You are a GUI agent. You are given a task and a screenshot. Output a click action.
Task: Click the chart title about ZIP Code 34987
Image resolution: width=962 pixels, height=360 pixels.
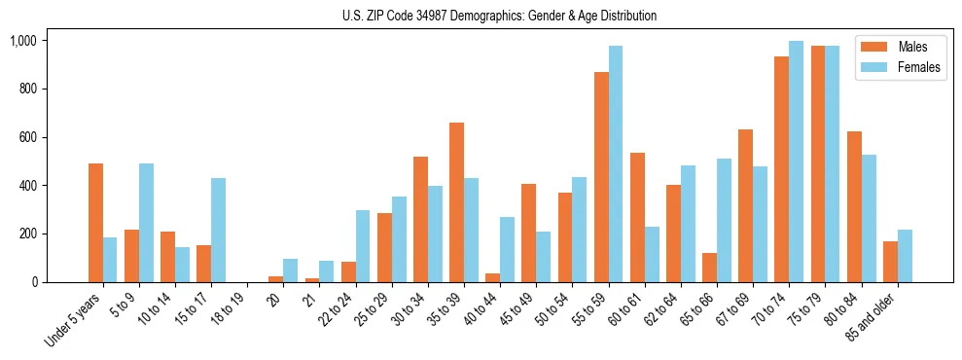click(x=499, y=16)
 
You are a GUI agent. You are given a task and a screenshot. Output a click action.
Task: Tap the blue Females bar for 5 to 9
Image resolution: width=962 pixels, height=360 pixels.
click(x=146, y=223)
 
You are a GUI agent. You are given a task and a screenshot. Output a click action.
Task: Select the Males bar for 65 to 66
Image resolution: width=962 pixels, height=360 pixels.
click(x=709, y=268)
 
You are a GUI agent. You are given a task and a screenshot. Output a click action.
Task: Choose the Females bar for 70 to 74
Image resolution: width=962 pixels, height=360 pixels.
click(x=796, y=162)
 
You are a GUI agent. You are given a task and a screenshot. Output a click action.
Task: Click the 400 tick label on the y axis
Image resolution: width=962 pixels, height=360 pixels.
click(x=28, y=186)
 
